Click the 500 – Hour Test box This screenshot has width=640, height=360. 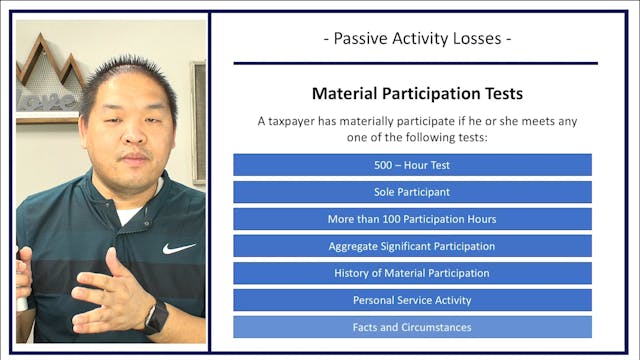[x=412, y=165]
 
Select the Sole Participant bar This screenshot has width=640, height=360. [x=412, y=192]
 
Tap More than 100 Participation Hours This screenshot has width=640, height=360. [x=412, y=219]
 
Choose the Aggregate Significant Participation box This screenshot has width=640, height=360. [x=412, y=246]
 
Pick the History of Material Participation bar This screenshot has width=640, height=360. [x=412, y=273]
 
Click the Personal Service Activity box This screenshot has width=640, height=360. [x=412, y=300]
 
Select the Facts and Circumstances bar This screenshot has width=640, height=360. [x=412, y=327]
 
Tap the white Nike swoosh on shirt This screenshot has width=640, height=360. [x=179, y=247]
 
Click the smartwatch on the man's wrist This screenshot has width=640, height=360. [x=155, y=317]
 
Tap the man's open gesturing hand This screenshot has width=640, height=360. [x=110, y=290]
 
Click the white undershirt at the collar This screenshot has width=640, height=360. [x=128, y=213]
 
